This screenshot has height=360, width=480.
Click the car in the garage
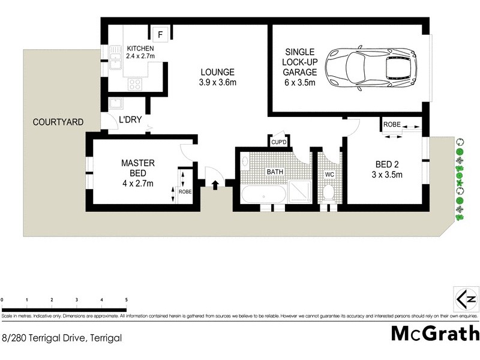click(x=370, y=64)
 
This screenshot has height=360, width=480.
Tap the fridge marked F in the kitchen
click(x=160, y=34)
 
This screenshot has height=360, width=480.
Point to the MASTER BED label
click(x=139, y=173)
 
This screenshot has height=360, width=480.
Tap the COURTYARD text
click(x=58, y=122)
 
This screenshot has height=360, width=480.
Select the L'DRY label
click(x=130, y=120)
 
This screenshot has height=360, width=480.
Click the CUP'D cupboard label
click(x=280, y=143)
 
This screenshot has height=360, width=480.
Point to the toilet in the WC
click(x=328, y=193)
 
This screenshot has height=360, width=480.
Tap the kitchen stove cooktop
click(x=136, y=85)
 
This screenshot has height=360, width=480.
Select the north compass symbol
click(x=467, y=298)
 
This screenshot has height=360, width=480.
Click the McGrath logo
click(x=435, y=334)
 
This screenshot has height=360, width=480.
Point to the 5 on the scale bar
click(x=126, y=299)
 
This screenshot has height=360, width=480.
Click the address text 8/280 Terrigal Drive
click(x=62, y=338)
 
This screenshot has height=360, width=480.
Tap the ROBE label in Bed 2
click(x=392, y=124)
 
